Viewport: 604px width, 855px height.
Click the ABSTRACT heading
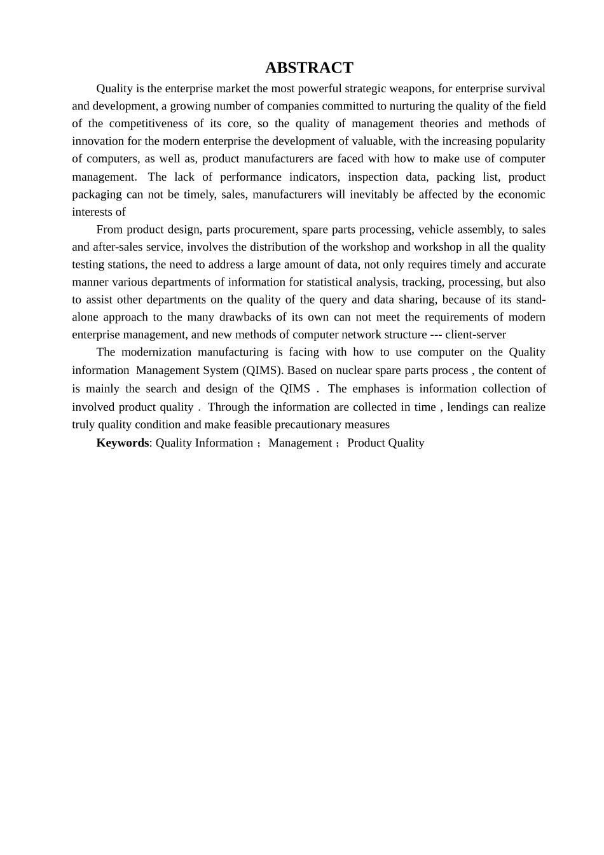pyautogui.click(x=309, y=68)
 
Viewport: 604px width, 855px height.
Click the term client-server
pyautogui.click(x=476, y=335)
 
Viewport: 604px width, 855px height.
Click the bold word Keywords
pyautogui.click(x=123, y=443)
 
